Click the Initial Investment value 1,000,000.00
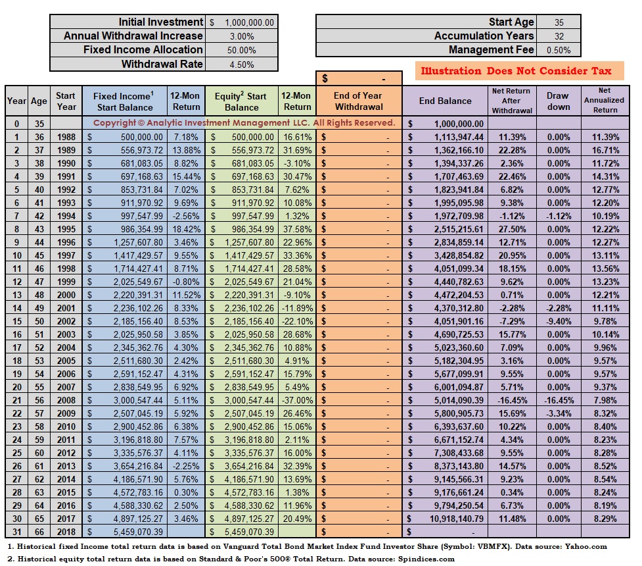[x=249, y=22]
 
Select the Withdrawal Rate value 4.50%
[x=242, y=64]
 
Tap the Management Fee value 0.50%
[x=559, y=50]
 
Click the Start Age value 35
[x=559, y=22]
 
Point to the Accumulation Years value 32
[x=559, y=36]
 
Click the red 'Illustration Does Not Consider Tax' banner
[x=516, y=71]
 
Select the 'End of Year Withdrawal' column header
[x=359, y=101]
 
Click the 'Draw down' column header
[x=558, y=101]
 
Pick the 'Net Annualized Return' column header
[x=605, y=101]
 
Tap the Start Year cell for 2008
[x=66, y=400]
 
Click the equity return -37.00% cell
[x=297, y=400]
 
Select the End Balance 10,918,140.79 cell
[x=456, y=519]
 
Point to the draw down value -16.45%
[x=559, y=400]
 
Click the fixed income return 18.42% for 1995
[x=187, y=229]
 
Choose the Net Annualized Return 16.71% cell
[x=605, y=150]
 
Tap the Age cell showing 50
[x=39, y=321]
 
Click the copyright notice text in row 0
[x=244, y=122]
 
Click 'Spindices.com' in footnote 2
[x=426, y=559]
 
